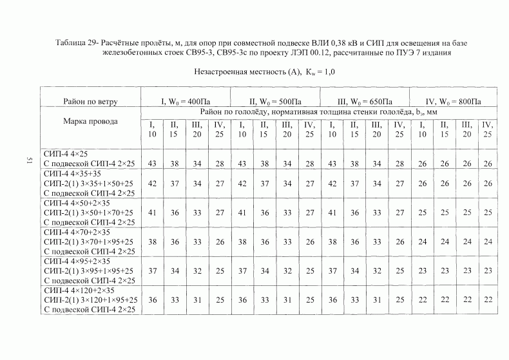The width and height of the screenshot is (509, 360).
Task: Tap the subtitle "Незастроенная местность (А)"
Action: tap(240, 73)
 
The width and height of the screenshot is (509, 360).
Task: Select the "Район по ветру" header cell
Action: tap(90, 101)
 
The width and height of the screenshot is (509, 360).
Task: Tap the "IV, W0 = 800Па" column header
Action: tap(454, 101)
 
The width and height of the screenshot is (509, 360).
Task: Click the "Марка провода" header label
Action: tap(90, 121)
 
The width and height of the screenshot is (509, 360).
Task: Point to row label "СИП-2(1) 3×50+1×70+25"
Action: tap(88, 212)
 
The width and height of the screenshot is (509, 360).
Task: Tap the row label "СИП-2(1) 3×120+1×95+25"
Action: tap(91, 300)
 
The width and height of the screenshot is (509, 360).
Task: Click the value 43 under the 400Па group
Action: tap(152, 164)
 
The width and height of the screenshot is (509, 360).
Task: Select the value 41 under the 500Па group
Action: tap(242, 212)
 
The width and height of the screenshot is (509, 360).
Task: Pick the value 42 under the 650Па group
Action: tap(332, 184)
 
